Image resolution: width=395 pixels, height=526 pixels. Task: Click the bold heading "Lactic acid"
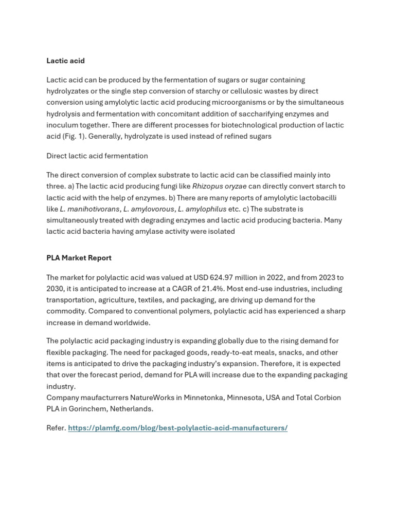click(65, 61)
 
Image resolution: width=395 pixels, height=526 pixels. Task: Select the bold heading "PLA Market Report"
click(79, 258)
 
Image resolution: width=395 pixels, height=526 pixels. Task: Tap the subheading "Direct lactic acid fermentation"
click(97, 156)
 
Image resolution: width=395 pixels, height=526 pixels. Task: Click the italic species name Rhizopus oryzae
click(219, 186)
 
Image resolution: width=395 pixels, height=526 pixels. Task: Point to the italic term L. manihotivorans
click(89, 209)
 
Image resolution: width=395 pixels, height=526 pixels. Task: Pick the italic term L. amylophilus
click(202, 209)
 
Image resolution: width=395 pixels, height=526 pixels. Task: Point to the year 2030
click(55, 289)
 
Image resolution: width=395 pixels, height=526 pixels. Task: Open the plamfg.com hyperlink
click(177, 428)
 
